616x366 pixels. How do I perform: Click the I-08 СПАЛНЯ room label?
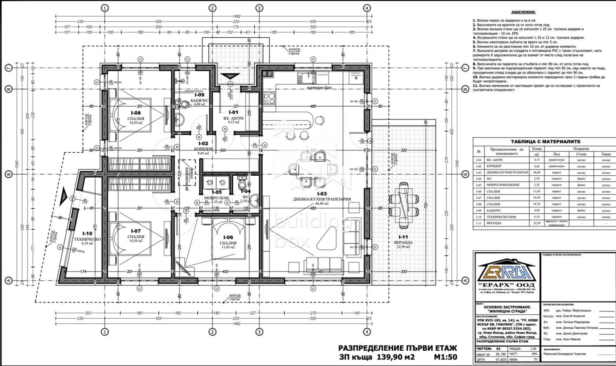tap(136, 116)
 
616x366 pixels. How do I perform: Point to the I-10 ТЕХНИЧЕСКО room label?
tap(87, 236)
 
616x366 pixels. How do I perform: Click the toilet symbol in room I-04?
tap(242, 181)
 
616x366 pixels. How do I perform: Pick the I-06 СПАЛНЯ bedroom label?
tap(229, 240)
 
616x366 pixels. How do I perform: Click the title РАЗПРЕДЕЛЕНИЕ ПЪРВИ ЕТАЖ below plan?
tap(397, 348)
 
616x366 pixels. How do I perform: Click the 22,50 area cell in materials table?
tap(536, 223)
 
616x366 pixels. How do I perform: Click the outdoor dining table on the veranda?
tap(404, 204)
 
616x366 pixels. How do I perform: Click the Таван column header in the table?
tap(605, 154)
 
